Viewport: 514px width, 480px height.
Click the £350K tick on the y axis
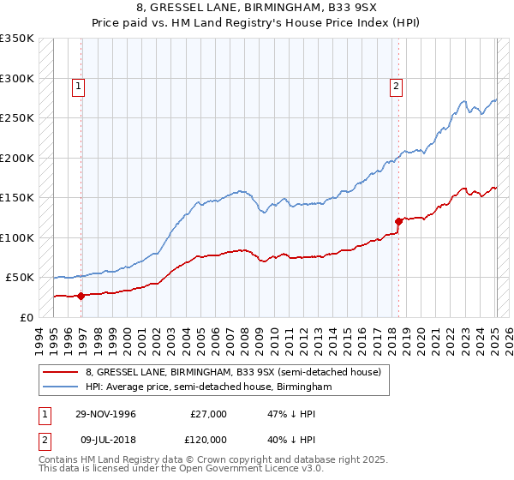(x=17, y=39)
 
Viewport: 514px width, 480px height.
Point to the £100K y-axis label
(x=17, y=237)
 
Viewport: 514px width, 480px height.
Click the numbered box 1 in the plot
(x=78, y=85)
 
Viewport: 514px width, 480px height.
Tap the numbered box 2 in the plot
(x=397, y=85)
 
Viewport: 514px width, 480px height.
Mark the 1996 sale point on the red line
(x=81, y=296)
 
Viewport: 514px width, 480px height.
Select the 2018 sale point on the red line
(x=398, y=221)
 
